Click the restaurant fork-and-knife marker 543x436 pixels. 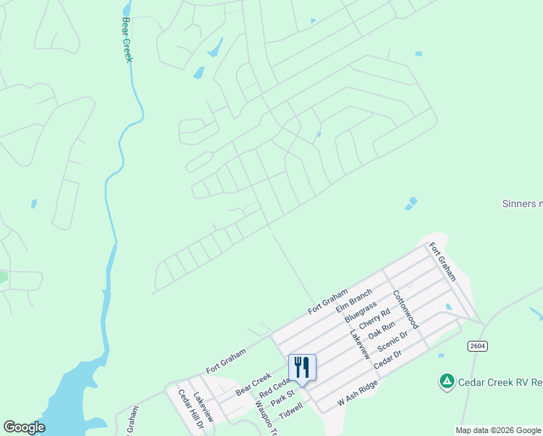point(302,368)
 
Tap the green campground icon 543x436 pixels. point(447,381)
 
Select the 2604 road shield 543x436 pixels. point(476,346)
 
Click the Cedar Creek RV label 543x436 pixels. point(501,381)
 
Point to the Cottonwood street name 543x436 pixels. point(406,310)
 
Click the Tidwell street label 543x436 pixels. point(290,411)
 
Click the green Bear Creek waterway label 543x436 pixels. point(127,40)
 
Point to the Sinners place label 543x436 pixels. point(522,203)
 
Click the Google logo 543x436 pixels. point(24,427)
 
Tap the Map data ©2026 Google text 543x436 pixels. point(499,430)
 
